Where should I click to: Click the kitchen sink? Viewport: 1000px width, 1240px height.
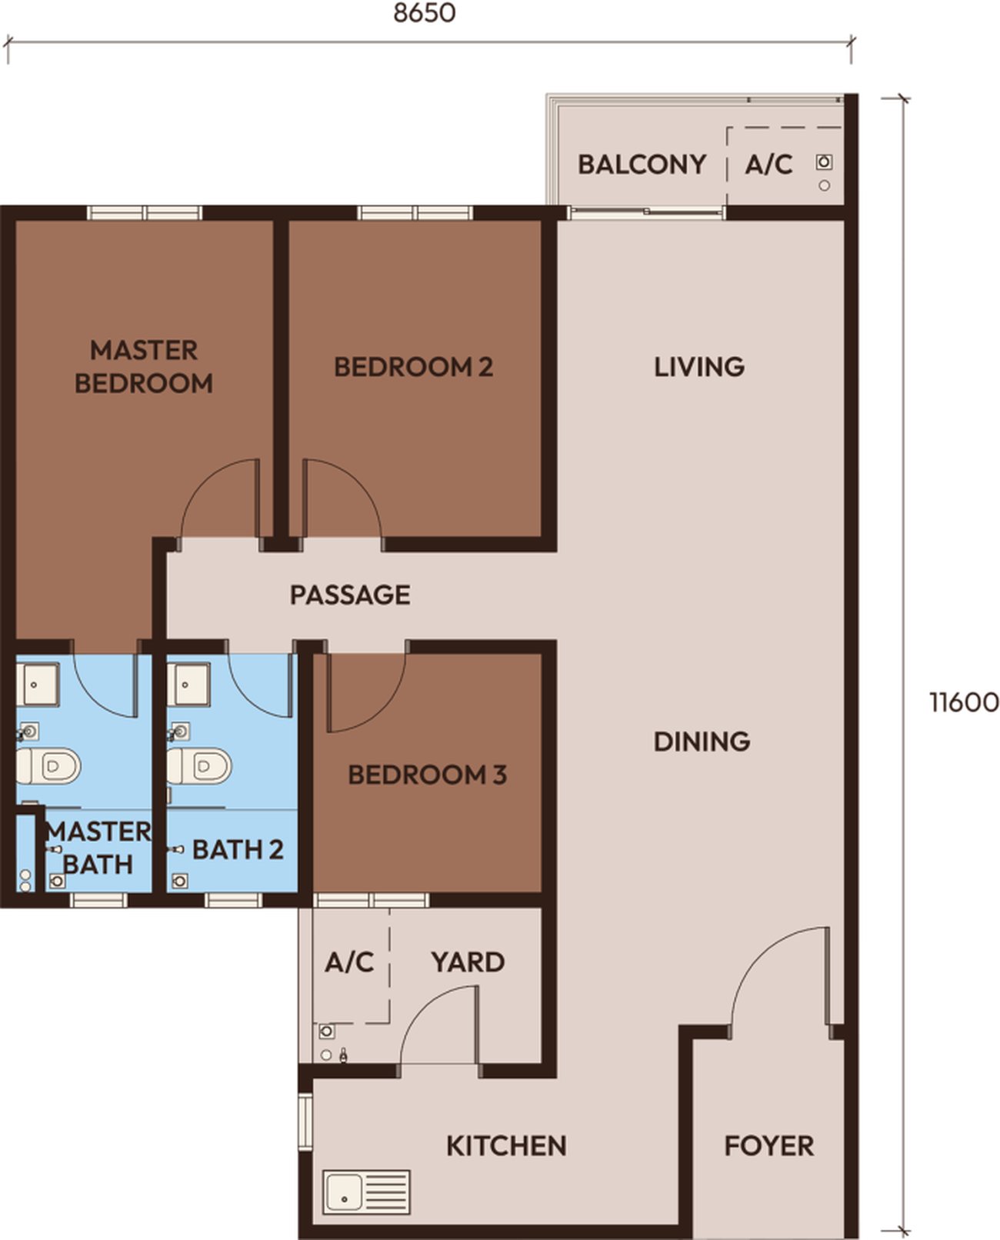pos(366,1192)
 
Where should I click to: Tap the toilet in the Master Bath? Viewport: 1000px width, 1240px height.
pos(48,766)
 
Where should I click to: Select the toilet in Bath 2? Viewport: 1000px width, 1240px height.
pos(199,766)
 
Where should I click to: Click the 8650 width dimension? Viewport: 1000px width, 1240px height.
pos(424,12)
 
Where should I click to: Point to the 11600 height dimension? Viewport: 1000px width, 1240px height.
pos(964,702)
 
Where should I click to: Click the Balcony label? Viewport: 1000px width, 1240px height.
pos(642,164)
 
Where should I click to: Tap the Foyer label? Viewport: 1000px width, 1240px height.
pos(769,1145)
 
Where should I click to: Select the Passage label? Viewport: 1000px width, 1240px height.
pos(350,595)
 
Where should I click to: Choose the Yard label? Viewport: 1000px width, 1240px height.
pos(468,962)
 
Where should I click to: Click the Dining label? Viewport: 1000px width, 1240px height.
pos(702,741)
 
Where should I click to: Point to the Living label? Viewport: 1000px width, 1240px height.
pos(698,366)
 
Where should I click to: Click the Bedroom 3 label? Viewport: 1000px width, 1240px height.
pos(427,775)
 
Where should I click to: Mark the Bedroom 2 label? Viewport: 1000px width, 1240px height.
pos(413,367)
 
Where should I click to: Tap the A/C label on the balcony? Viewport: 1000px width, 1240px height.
pos(768,164)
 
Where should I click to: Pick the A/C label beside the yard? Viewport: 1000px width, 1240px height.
pos(348,962)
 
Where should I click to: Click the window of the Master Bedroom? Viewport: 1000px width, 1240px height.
pos(145,212)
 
